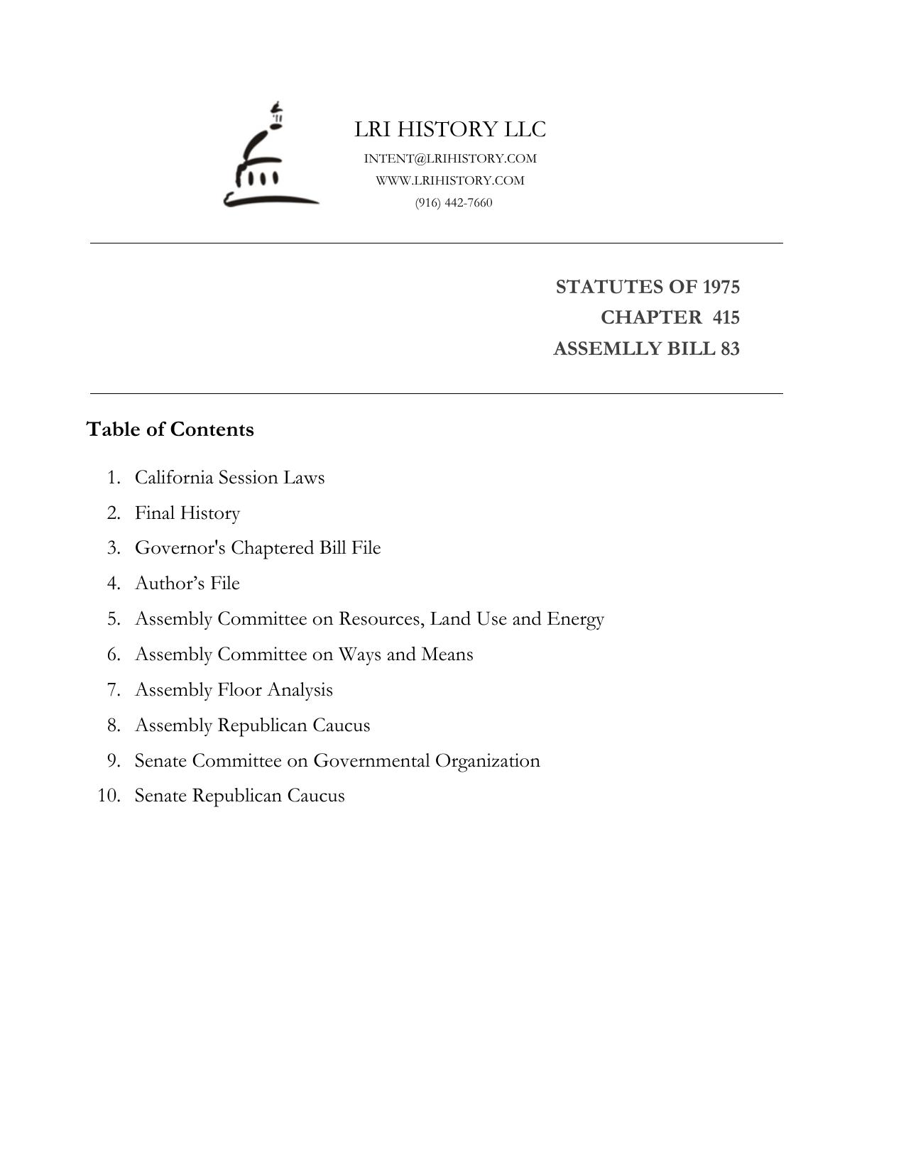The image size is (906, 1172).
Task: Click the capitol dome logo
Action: pyautogui.click(x=270, y=158)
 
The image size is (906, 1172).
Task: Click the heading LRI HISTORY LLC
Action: pyautogui.click(x=450, y=129)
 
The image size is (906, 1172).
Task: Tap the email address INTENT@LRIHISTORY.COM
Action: pyautogui.click(x=450, y=158)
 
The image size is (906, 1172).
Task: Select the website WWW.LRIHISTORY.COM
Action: pyautogui.click(x=450, y=180)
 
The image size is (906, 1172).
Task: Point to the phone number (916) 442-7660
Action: pyautogui.click(x=454, y=202)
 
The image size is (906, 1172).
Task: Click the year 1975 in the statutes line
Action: pyautogui.click(x=721, y=287)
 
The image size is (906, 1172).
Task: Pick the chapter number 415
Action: pyautogui.click(x=726, y=317)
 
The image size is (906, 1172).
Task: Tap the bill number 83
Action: pyautogui.click(x=729, y=349)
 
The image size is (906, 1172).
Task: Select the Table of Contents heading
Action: pyautogui.click(x=170, y=429)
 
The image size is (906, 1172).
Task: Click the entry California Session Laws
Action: pyautogui.click(x=229, y=477)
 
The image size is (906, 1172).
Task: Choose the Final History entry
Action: pyautogui.click(x=187, y=513)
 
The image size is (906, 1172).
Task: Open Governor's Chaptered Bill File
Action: pyautogui.click(x=258, y=548)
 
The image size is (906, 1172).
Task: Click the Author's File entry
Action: pyautogui.click(x=187, y=583)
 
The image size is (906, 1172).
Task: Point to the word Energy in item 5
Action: pyautogui.click(x=575, y=619)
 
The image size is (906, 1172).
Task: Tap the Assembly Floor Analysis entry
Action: pyautogui.click(x=234, y=689)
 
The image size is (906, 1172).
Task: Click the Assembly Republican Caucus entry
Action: pyautogui.click(x=252, y=725)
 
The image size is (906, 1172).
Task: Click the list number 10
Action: pyautogui.click(x=109, y=795)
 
